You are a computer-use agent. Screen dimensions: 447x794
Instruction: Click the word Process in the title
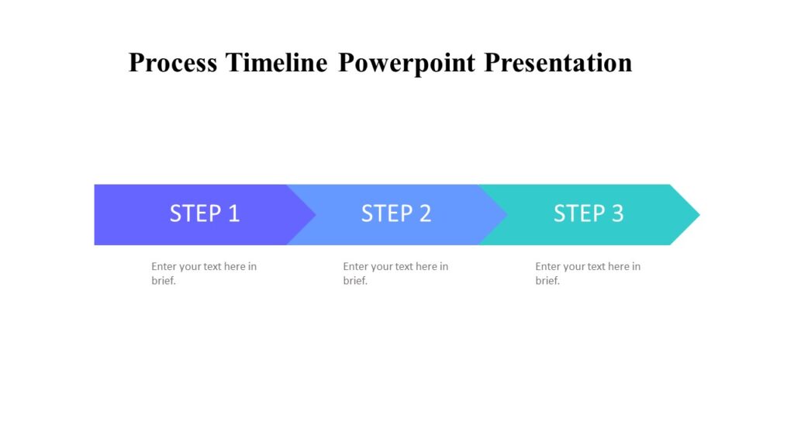[x=173, y=62]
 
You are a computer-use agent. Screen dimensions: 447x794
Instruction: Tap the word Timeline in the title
[x=277, y=62]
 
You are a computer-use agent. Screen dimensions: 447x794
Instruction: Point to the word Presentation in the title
[x=558, y=62]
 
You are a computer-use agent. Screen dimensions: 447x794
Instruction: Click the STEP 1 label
[x=205, y=213]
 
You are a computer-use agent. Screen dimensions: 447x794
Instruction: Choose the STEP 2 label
[x=396, y=213]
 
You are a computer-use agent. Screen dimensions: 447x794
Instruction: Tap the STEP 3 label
[x=589, y=213]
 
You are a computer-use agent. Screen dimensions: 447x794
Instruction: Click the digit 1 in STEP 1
[x=233, y=213]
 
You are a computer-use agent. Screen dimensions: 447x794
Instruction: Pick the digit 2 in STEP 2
[x=425, y=213]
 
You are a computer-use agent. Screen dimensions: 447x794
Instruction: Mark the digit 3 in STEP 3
[x=617, y=213]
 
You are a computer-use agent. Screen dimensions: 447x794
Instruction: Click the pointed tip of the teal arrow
[x=696, y=215]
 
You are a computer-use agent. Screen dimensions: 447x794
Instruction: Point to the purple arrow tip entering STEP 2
[x=310, y=215]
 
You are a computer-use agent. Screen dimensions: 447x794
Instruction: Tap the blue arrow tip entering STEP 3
[x=502, y=215]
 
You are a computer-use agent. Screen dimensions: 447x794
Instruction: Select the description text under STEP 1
[x=204, y=273]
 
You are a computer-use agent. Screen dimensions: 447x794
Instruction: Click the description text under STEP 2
[x=395, y=273]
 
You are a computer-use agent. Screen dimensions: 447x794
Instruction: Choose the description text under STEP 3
[x=588, y=273]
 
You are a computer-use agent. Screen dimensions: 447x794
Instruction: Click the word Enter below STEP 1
[x=164, y=266]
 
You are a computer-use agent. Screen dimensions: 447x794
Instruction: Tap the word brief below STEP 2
[x=354, y=281]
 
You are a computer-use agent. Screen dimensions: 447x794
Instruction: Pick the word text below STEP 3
[x=592, y=266]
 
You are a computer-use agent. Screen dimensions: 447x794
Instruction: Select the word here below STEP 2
[x=426, y=266]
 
